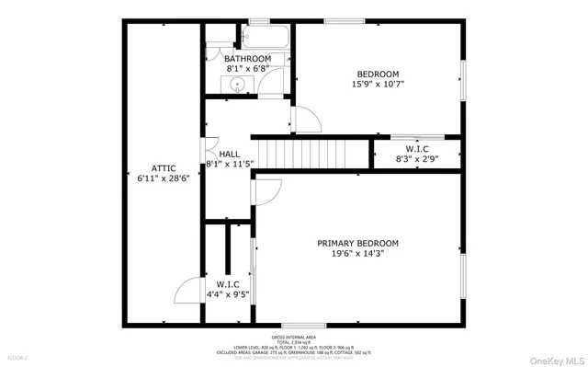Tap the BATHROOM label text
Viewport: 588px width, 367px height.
pyautogui.click(x=248, y=59)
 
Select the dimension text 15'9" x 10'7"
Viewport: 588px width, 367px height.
pyautogui.click(x=379, y=84)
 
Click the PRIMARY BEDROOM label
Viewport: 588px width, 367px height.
pyautogui.click(x=358, y=244)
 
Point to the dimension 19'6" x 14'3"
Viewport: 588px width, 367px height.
pyautogui.click(x=358, y=255)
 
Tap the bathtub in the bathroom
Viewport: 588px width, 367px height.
pyautogui.click(x=265, y=38)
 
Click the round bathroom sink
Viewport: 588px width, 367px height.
pyautogui.click(x=238, y=86)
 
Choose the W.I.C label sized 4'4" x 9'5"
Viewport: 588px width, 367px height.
pyautogui.click(x=228, y=284)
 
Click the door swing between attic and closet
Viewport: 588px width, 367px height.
pyautogui.click(x=189, y=291)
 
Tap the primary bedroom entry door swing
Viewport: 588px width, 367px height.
pyautogui.click(x=267, y=190)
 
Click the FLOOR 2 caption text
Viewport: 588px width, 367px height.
pyautogui.click(x=17, y=355)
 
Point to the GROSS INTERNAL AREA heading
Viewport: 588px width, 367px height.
pyautogui.click(x=294, y=338)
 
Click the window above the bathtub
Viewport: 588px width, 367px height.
pyautogui.click(x=259, y=21)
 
